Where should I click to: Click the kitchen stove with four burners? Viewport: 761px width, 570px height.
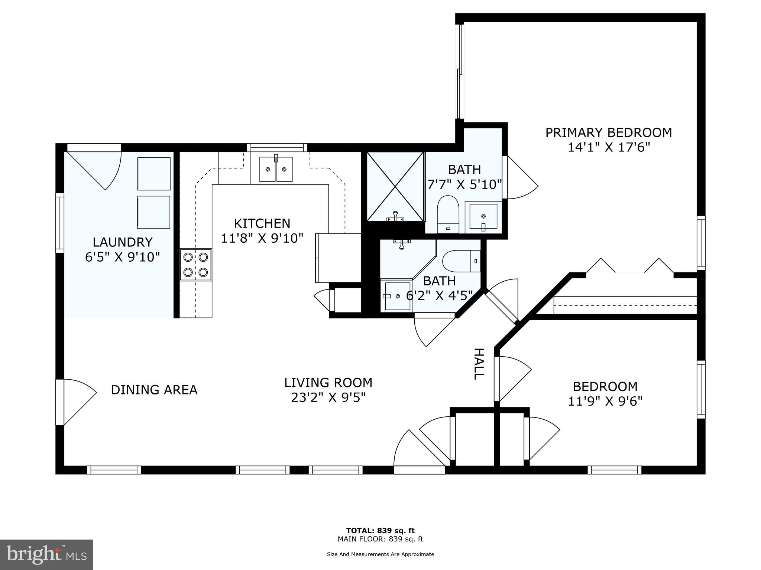pos(196,265)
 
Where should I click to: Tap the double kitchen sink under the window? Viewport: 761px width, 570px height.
pos(276,169)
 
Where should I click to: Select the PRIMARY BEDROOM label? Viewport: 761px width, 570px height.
pos(608,132)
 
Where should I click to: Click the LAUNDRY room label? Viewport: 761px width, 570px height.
pos(122,242)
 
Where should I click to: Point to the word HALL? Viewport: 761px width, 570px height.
pos(479,364)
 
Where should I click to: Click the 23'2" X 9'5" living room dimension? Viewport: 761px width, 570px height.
pos(328,397)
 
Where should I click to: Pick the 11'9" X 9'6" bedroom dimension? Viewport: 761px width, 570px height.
pos(605,401)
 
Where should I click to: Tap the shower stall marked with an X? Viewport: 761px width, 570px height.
pos(395,186)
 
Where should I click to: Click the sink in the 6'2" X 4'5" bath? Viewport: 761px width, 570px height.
pos(397,296)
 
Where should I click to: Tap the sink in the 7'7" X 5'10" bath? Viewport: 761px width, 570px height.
pos(483,216)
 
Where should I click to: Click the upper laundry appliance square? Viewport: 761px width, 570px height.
pos(154,174)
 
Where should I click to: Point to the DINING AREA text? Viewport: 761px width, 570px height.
pos(154,390)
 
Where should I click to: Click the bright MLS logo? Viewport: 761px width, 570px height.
pos(46,554)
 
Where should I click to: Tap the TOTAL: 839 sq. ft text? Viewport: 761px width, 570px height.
pos(380,530)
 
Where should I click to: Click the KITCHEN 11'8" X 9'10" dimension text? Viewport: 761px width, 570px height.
pos(262,238)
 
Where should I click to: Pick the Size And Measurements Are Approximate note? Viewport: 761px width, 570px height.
pos(380,554)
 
